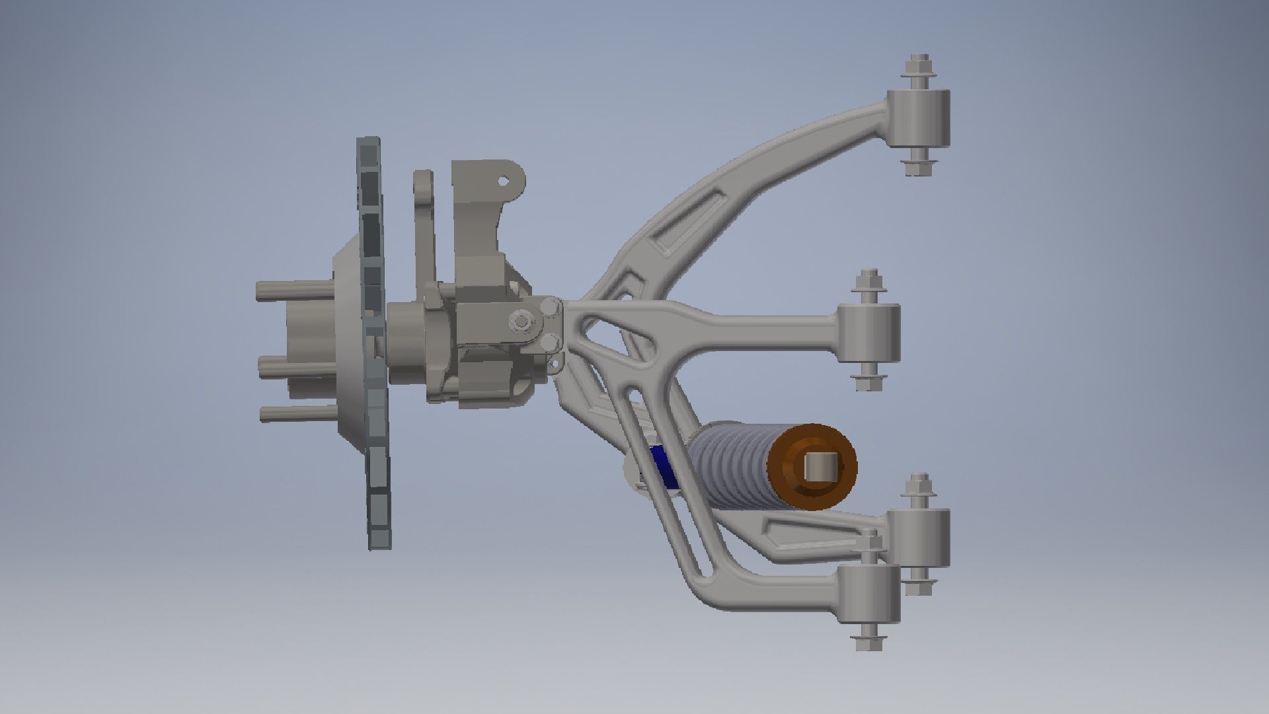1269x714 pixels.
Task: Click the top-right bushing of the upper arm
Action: (x=919, y=119)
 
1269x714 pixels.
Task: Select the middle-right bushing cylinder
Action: (x=868, y=333)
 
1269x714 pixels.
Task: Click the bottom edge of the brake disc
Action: (x=381, y=546)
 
